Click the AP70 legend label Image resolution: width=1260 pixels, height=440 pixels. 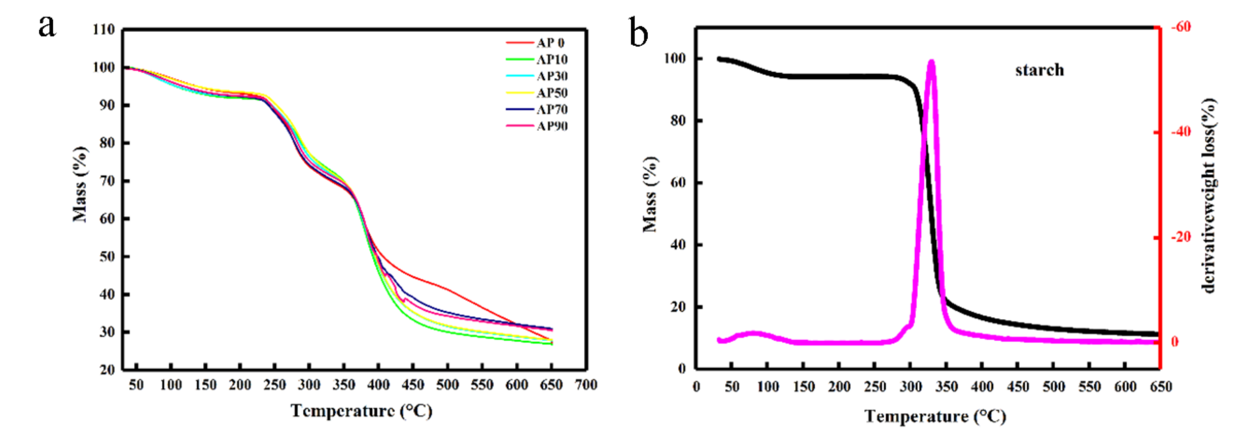552,110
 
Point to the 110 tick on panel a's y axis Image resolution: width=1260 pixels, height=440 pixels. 104,30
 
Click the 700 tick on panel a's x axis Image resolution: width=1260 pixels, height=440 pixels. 585,385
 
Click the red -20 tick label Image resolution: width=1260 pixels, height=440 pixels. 1181,237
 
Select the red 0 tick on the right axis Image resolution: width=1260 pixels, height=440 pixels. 1174,342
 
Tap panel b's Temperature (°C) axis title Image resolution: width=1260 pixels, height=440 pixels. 935,416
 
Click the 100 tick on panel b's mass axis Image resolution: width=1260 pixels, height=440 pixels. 675,58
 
